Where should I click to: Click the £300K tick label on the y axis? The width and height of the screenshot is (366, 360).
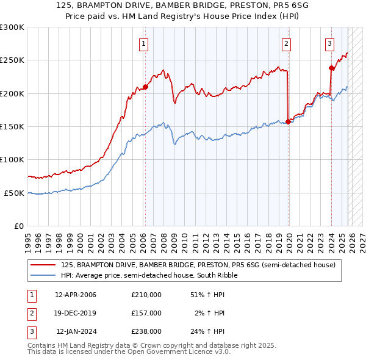[12, 27]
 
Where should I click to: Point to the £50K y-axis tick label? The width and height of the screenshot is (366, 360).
[14, 193]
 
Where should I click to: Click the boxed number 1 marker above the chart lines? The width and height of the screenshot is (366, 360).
[143, 43]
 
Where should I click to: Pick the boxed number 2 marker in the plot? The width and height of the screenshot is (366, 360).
[285, 43]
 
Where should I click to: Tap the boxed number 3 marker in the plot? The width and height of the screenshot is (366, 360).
[329, 43]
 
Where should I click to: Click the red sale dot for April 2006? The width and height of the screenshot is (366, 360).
[146, 87]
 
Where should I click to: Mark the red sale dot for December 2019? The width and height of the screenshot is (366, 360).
[288, 121]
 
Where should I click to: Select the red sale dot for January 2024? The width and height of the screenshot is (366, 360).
[331, 68]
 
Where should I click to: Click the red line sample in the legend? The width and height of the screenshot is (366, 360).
[44, 265]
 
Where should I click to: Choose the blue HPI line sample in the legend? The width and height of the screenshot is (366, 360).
[44, 275]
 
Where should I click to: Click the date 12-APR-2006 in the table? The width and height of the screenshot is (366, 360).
[76, 295]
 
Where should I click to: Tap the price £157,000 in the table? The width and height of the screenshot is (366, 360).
[146, 313]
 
